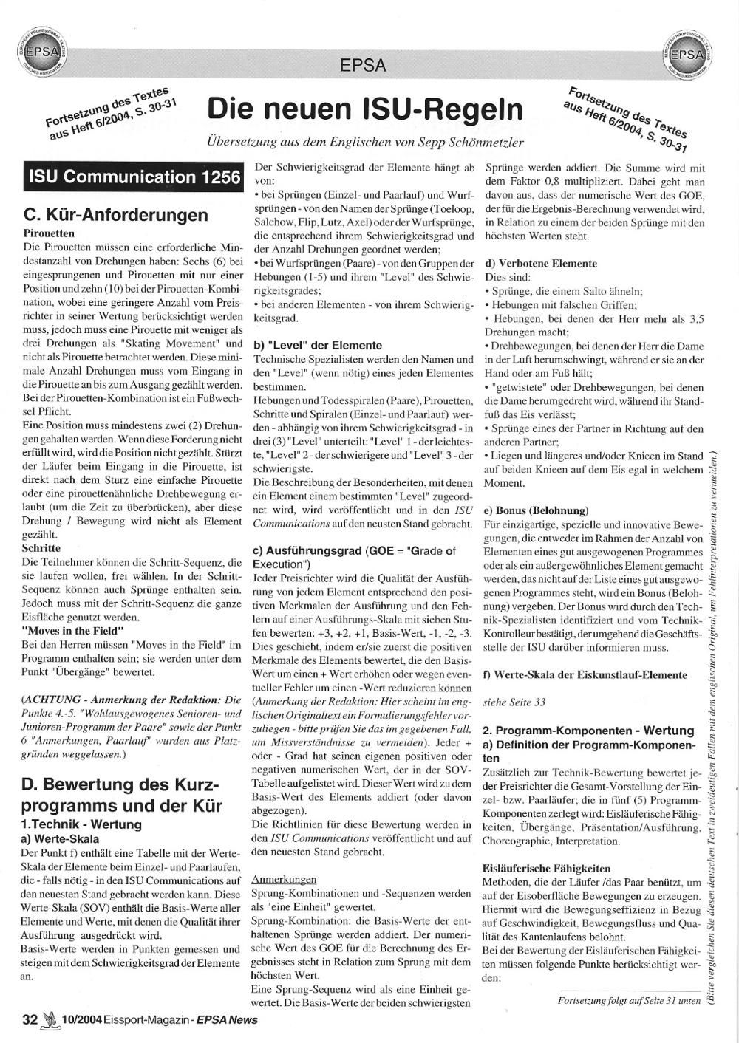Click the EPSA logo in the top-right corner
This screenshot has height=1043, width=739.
[689, 54]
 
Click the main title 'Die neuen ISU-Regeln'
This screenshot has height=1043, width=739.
[365, 109]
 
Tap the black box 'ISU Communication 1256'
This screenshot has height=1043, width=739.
[134, 177]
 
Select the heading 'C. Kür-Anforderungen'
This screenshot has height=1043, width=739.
[116, 216]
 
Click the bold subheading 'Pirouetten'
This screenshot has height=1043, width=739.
[50, 233]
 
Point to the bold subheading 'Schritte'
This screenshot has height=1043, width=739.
[41, 548]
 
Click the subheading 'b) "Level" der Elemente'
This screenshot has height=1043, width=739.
[317, 345]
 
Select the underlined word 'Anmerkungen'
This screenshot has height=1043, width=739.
[284, 880]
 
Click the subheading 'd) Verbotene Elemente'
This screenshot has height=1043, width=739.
[540, 263]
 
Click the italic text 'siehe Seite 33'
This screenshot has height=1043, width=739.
[514, 702]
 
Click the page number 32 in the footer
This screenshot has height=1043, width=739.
[30, 1020]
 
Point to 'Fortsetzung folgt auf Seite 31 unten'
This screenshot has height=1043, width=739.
[629, 1002]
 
